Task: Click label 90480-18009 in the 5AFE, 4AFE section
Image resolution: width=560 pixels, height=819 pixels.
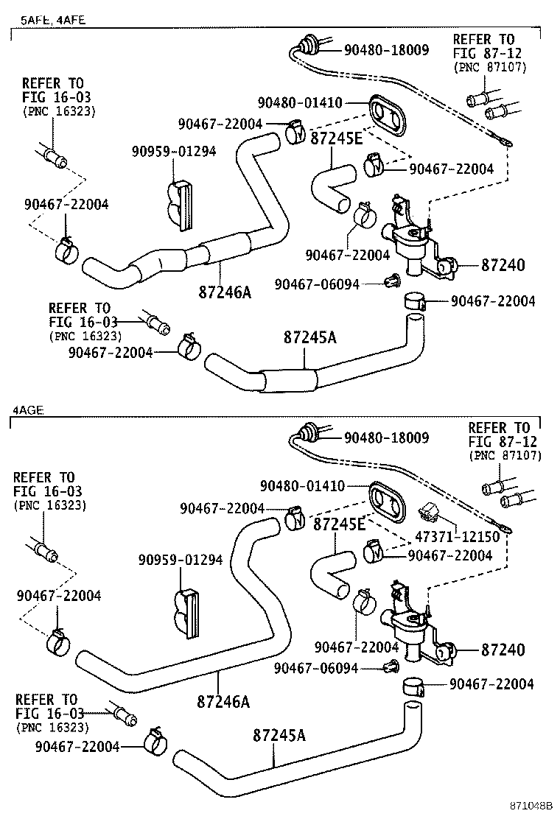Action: pos(386,50)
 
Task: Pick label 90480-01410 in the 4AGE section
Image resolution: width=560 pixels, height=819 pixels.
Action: pos(302,486)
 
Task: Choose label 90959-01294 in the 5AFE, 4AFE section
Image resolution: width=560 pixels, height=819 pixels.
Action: pos(174,151)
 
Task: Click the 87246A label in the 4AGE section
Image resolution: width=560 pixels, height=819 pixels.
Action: pos(223,701)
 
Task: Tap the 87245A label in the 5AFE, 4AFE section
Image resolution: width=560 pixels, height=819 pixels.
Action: pos(309,337)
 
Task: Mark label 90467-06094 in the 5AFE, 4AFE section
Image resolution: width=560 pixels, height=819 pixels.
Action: pos(327,284)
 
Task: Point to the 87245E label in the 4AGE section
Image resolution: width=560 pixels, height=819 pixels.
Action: pos(340,524)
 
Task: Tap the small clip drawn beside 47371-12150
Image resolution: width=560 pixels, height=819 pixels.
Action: pos(428,513)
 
